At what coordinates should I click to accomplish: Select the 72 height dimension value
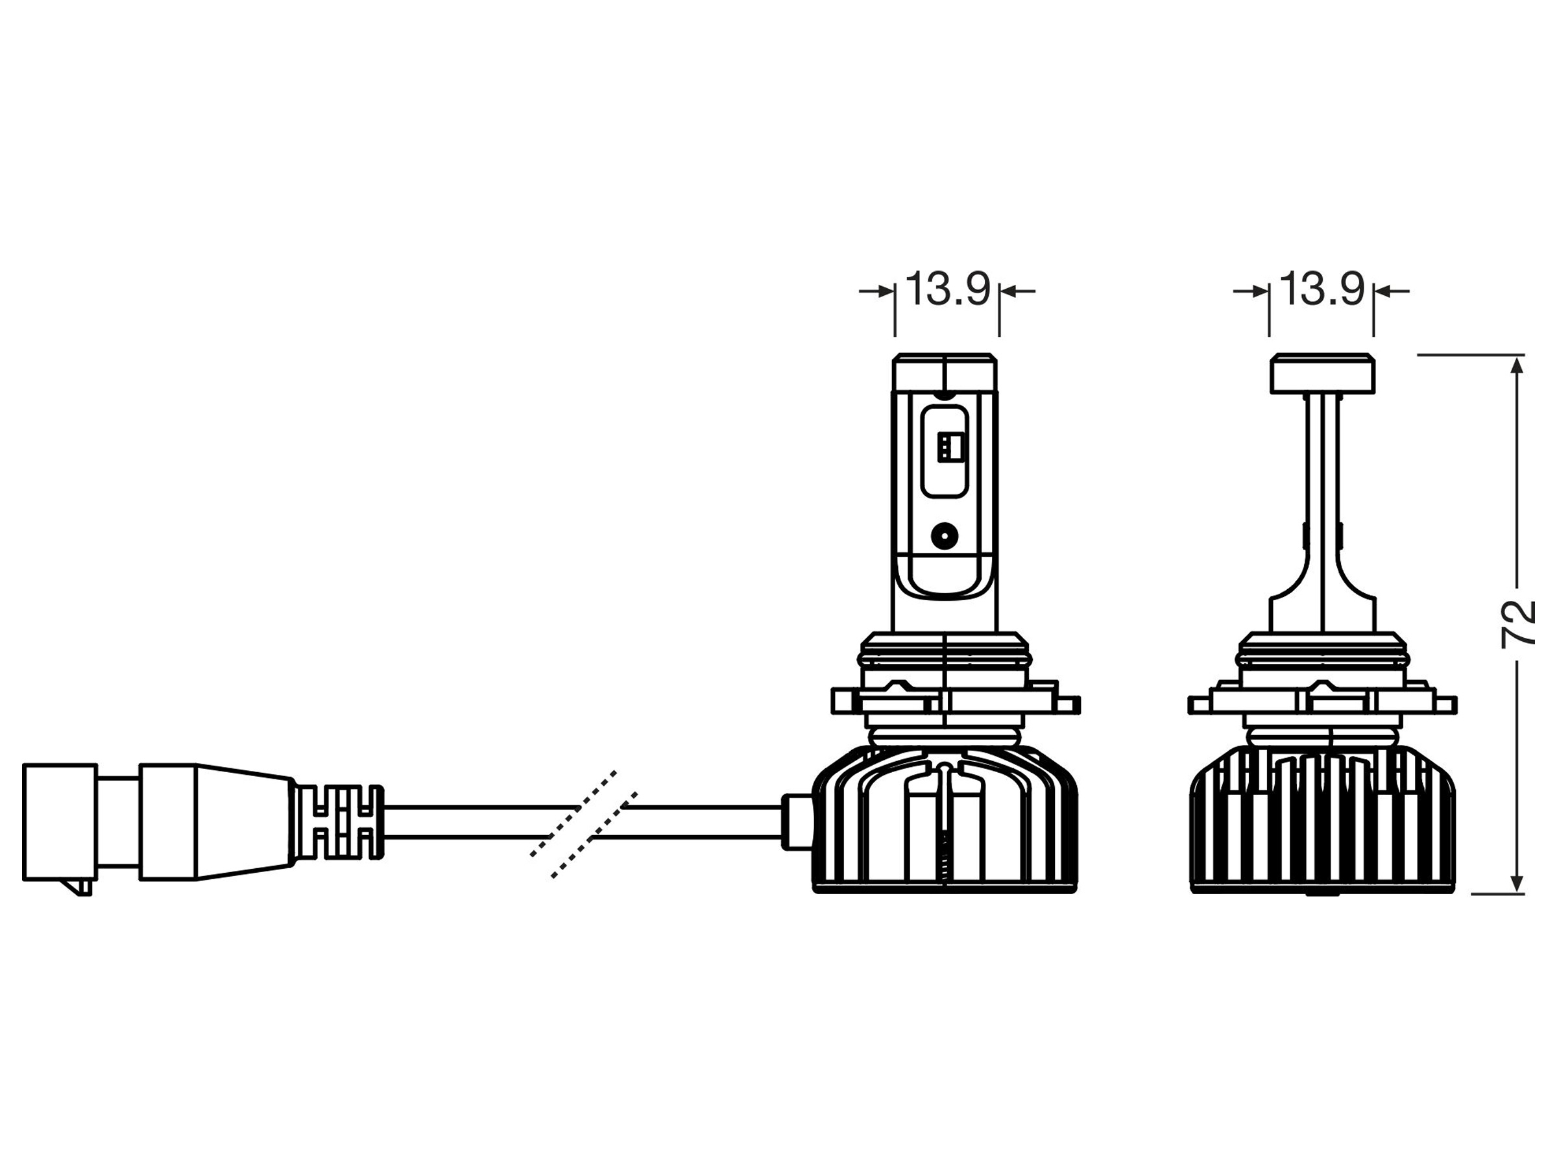point(1518,624)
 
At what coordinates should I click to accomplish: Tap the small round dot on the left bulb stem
point(944,537)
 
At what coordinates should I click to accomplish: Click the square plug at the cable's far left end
point(60,821)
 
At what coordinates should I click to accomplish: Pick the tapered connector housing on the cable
point(215,821)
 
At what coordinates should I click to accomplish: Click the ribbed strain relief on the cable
point(338,821)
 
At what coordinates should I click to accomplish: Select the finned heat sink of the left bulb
point(945,820)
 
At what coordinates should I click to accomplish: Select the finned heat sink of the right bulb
point(1322,820)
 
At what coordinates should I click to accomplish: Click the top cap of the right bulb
point(1322,373)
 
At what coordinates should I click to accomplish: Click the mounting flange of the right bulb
point(1322,704)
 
